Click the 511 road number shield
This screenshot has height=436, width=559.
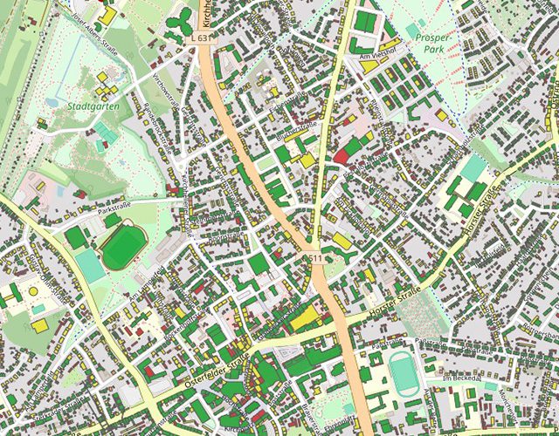[316, 259]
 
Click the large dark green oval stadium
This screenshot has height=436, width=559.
[122, 247]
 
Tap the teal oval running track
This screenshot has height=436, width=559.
[403, 372]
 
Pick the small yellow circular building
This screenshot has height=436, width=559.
[33, 290]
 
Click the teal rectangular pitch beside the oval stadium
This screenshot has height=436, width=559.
[89, 265]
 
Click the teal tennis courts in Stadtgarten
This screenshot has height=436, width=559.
[106, 132]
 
